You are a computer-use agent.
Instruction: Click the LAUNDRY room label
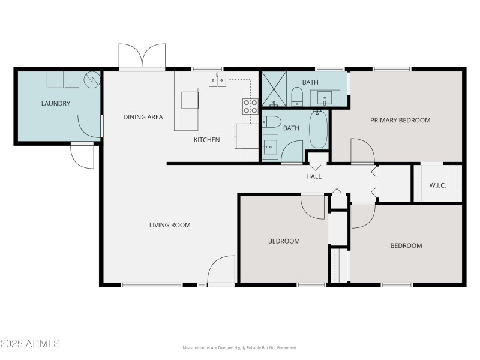55,103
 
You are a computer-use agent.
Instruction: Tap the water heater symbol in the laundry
92,79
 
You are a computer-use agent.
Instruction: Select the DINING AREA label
143,117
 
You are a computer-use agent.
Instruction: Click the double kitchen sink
217,80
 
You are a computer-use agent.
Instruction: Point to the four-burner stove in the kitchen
250,107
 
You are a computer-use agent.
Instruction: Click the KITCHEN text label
206,140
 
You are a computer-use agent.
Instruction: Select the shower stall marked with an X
274,90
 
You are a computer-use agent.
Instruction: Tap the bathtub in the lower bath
318,129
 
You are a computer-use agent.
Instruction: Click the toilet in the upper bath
297,96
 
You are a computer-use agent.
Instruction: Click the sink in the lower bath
269,145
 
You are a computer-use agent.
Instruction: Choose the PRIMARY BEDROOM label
400,120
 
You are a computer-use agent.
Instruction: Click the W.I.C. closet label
437,185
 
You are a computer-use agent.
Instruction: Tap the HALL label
314,176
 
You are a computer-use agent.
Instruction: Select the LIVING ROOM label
170,225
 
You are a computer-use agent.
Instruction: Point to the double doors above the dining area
142,56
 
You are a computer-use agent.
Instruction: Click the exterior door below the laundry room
82,157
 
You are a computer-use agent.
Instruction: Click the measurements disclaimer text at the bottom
240,347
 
